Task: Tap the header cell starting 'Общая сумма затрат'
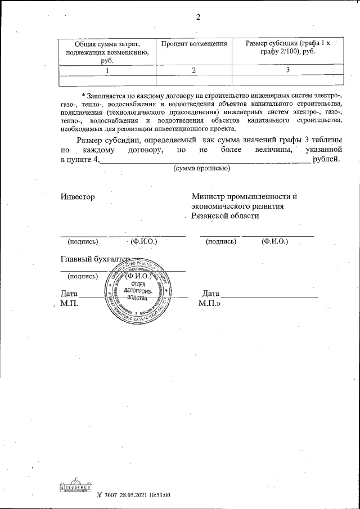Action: point(106,52)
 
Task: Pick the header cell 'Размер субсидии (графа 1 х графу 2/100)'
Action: point(287,48)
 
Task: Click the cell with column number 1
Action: point(106,70)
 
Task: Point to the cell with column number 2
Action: point(193,70)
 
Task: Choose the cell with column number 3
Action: point(287,70)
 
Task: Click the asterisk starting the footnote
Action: point(83,95)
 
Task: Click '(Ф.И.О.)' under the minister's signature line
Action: point(274,242)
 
